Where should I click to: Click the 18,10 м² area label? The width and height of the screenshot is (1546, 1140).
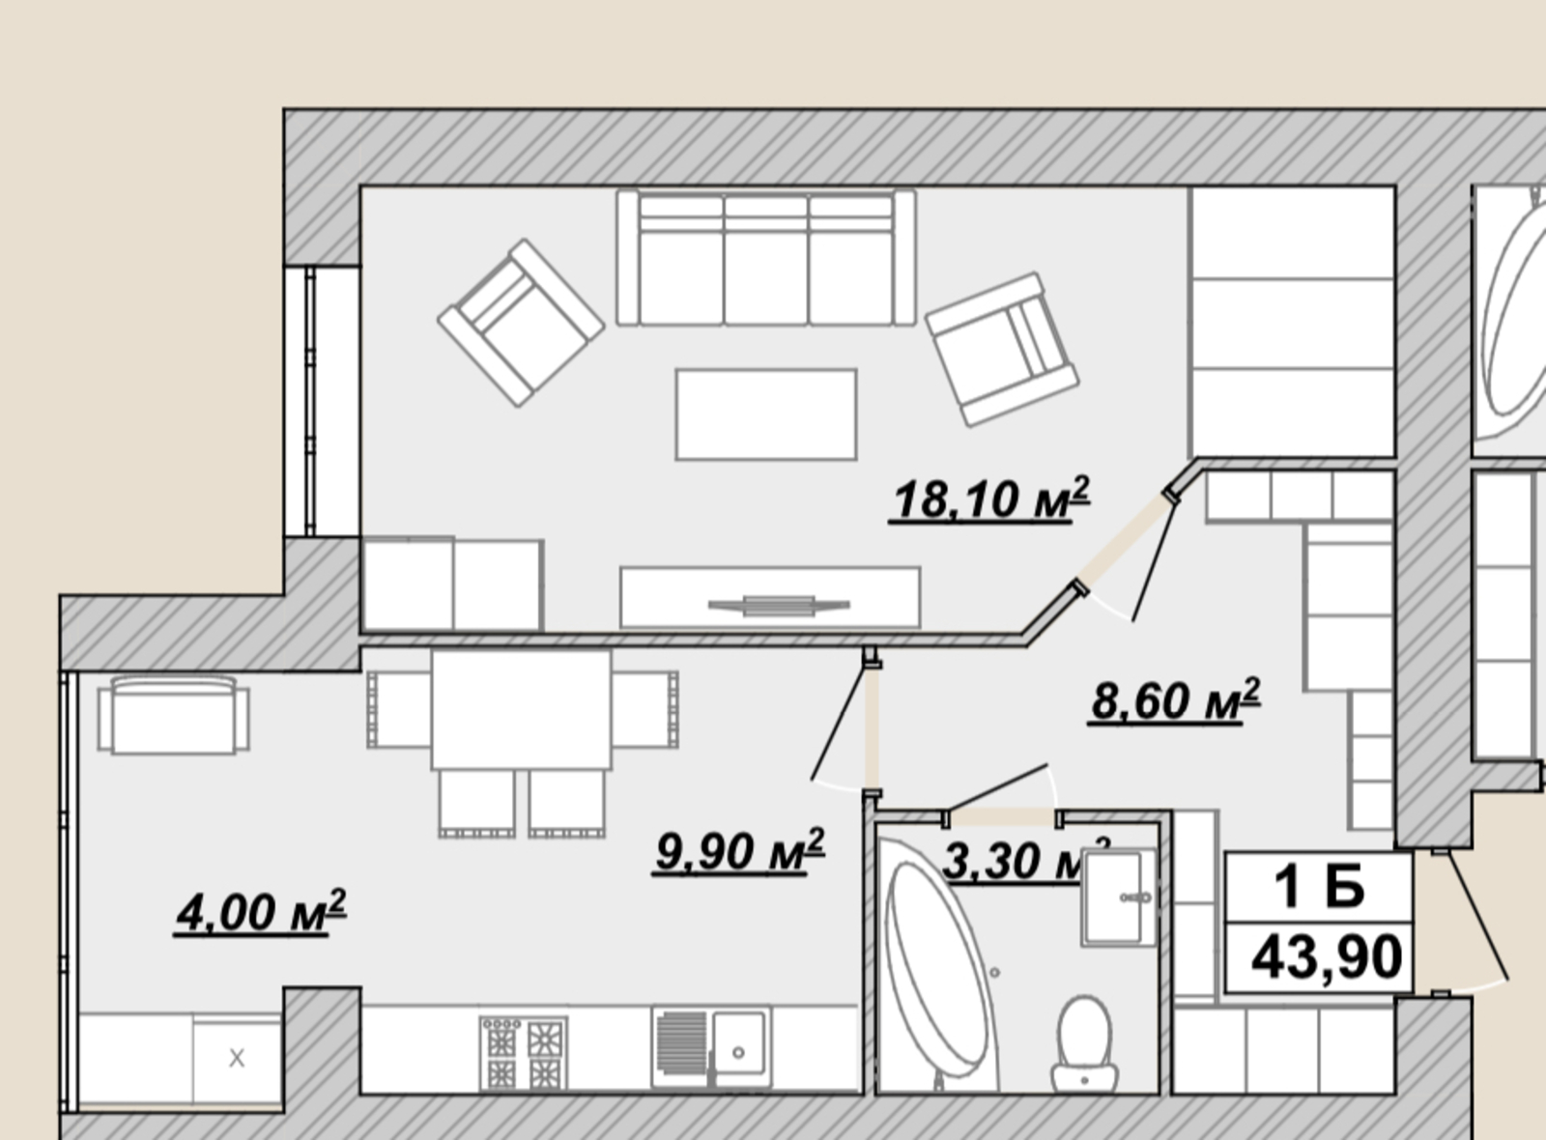[x=989, y=499]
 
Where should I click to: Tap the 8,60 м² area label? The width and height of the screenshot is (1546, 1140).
[x=1175, y=700]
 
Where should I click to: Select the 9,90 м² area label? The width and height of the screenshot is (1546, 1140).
[x=738, y=851]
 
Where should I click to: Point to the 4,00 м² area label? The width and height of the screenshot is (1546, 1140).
[x=260, y=912]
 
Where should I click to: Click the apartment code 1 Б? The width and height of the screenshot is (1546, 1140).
[x=1319, y=888]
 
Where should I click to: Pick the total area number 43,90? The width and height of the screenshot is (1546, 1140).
[x=1327, y=957]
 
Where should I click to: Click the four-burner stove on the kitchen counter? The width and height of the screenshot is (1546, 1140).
[x=524, y=1053]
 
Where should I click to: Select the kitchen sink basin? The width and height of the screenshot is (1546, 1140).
[x=738, y=1043]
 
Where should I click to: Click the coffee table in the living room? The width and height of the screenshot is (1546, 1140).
[x=766, y=414]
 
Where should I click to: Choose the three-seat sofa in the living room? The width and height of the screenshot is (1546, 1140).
[x=766, y=258]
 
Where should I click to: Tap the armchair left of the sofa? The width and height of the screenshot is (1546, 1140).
[x=521, y=323]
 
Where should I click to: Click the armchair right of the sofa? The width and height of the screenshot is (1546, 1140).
[x=1002, y=349]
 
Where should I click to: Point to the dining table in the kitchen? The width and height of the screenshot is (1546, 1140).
[x=521, y=709]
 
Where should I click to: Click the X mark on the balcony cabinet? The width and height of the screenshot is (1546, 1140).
[x=237, y=1058]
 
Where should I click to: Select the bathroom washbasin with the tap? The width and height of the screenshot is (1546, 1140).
[x=1118, y=898]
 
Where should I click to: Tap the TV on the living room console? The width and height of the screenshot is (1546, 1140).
[x=779, y=606]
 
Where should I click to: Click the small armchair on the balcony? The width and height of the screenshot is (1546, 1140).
[x=174, y=715]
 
